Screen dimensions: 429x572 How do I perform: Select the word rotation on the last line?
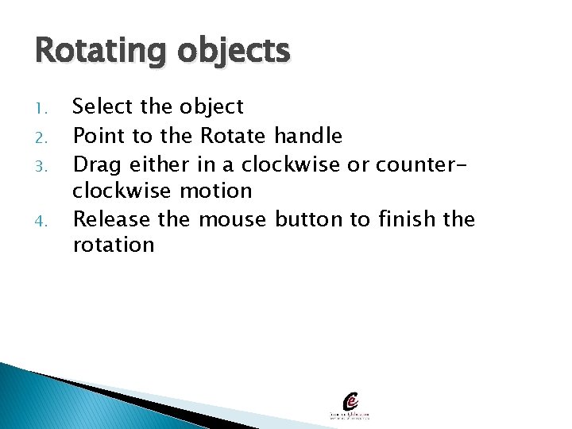(x=114, y=245)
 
